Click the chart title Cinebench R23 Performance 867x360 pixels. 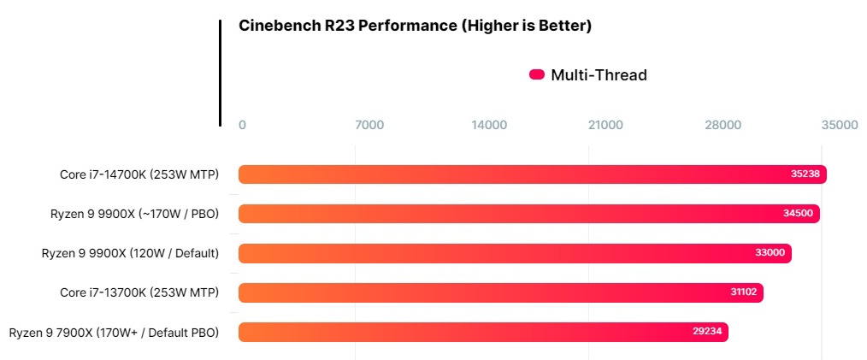point(415,26)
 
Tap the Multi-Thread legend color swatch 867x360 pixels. point(537,75)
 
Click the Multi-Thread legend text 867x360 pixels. point(599,75)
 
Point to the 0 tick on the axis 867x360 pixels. point(242,125)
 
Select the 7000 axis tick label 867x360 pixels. point(369,125)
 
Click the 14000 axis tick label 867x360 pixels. point(489,125)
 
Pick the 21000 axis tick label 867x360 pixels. point(605,125)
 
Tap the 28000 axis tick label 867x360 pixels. point(722,125)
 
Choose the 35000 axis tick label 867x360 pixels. point(839,125)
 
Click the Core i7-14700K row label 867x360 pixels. point(139,174)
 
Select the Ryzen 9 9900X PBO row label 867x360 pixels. point(133,214)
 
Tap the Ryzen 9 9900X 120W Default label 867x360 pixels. point(130,253)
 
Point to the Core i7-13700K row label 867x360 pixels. point(139,292)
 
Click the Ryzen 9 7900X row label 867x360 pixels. point(114,332)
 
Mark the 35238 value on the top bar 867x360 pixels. point(805,174)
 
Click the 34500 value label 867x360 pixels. point(799,214)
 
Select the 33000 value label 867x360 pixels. point(770,253)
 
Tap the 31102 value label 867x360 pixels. point(741,292)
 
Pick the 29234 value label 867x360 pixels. point(707,332)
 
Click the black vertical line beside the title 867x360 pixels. point(220,74)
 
